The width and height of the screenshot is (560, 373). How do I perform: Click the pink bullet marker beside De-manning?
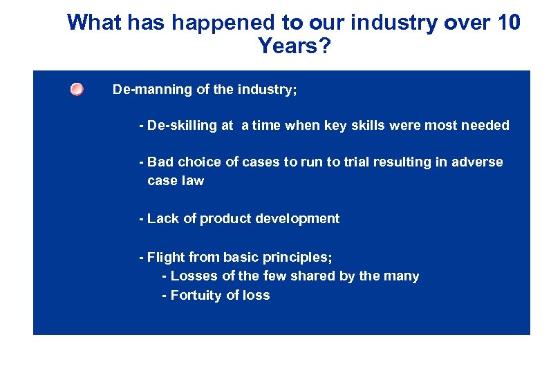click(x=77, y=90)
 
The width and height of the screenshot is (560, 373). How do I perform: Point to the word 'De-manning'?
click(x=147, y=90)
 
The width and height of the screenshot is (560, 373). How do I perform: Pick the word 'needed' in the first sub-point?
click(x=486, y=126)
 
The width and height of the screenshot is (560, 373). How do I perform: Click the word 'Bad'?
click(x=160, y=162)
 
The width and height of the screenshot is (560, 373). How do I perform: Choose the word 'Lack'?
click(x=162, y=219)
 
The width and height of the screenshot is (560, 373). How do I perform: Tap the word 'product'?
click(x=226, y=219)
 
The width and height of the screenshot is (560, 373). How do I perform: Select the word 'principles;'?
click(x=298, y=258)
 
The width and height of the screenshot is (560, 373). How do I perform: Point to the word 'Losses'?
click(x=194, y=276)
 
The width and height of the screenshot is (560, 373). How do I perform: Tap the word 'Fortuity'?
click(x=196, y=296)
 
